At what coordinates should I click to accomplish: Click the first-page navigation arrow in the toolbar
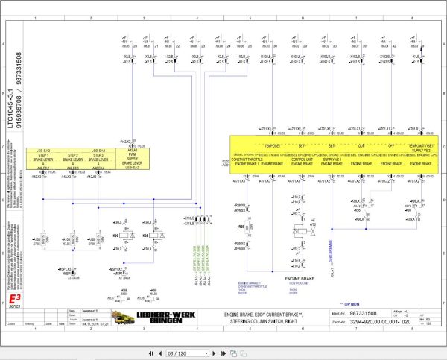pos(153,348)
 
